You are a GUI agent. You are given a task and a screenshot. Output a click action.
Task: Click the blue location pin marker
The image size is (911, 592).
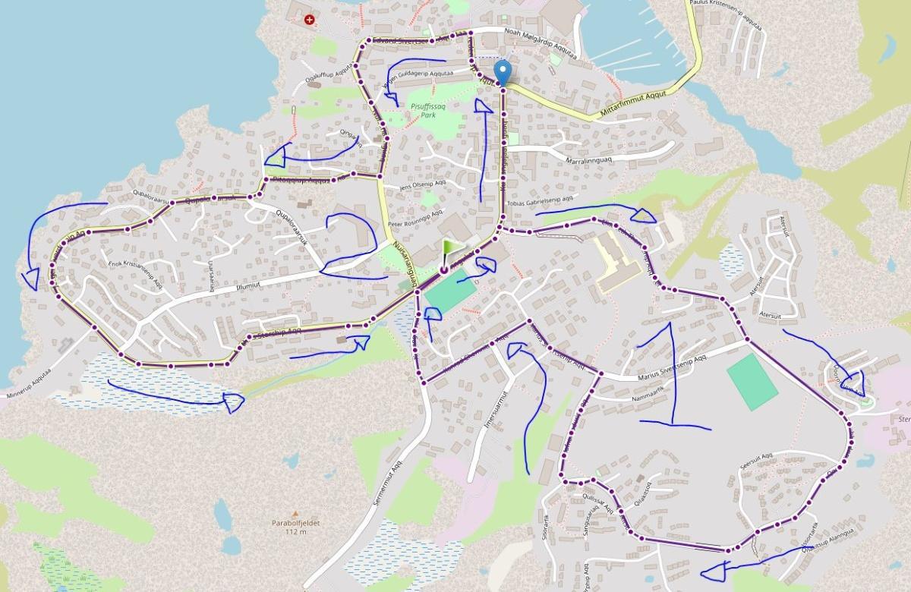[x=502, y=73]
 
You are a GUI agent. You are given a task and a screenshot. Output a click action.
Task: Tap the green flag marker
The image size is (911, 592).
[x=450, y=251]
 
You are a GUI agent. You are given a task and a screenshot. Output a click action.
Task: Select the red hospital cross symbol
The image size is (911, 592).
[x=309, y=20]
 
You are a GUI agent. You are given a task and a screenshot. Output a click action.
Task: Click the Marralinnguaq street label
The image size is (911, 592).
[x=595, y=160]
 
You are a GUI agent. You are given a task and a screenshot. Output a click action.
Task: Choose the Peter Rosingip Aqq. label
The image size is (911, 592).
[x=415, y=224]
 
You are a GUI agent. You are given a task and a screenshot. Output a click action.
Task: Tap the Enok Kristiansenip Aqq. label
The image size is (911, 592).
[x=137, y=271]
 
